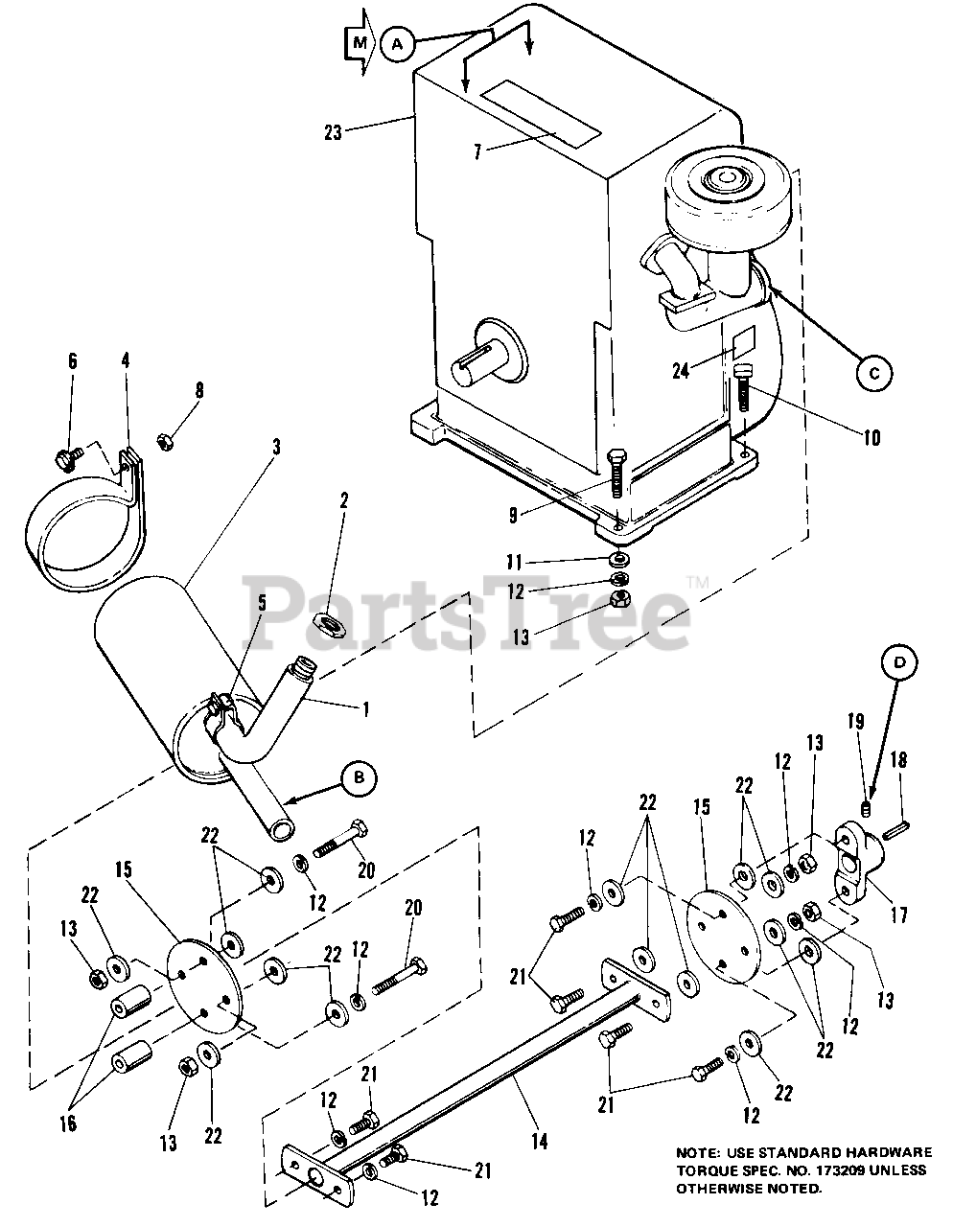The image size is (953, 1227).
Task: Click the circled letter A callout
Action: (x=398, y=43)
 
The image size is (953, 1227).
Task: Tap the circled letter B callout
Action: (x=360, y=778)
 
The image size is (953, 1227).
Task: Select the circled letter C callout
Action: (x=874, y=373)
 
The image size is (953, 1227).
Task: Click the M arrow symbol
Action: (x=360, y=42)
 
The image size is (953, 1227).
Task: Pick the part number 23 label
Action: (x=333, y=132)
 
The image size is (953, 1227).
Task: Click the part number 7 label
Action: (x=477, y=151)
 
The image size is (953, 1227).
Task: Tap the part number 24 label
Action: (x=681, y=370)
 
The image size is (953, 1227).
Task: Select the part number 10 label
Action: (x=872, y=438)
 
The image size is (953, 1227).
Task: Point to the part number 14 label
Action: (x=540, y=1141)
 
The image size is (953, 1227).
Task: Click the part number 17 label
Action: (x=899, y=914)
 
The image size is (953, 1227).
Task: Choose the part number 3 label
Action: (x=275, y=447)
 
